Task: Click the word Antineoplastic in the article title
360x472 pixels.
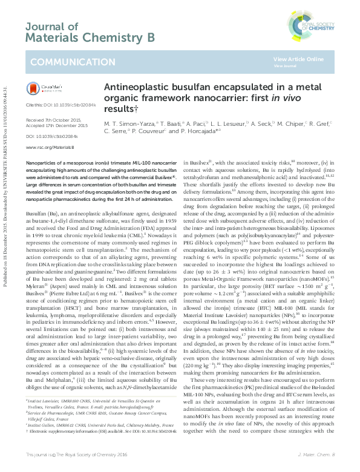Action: (130, 87)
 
